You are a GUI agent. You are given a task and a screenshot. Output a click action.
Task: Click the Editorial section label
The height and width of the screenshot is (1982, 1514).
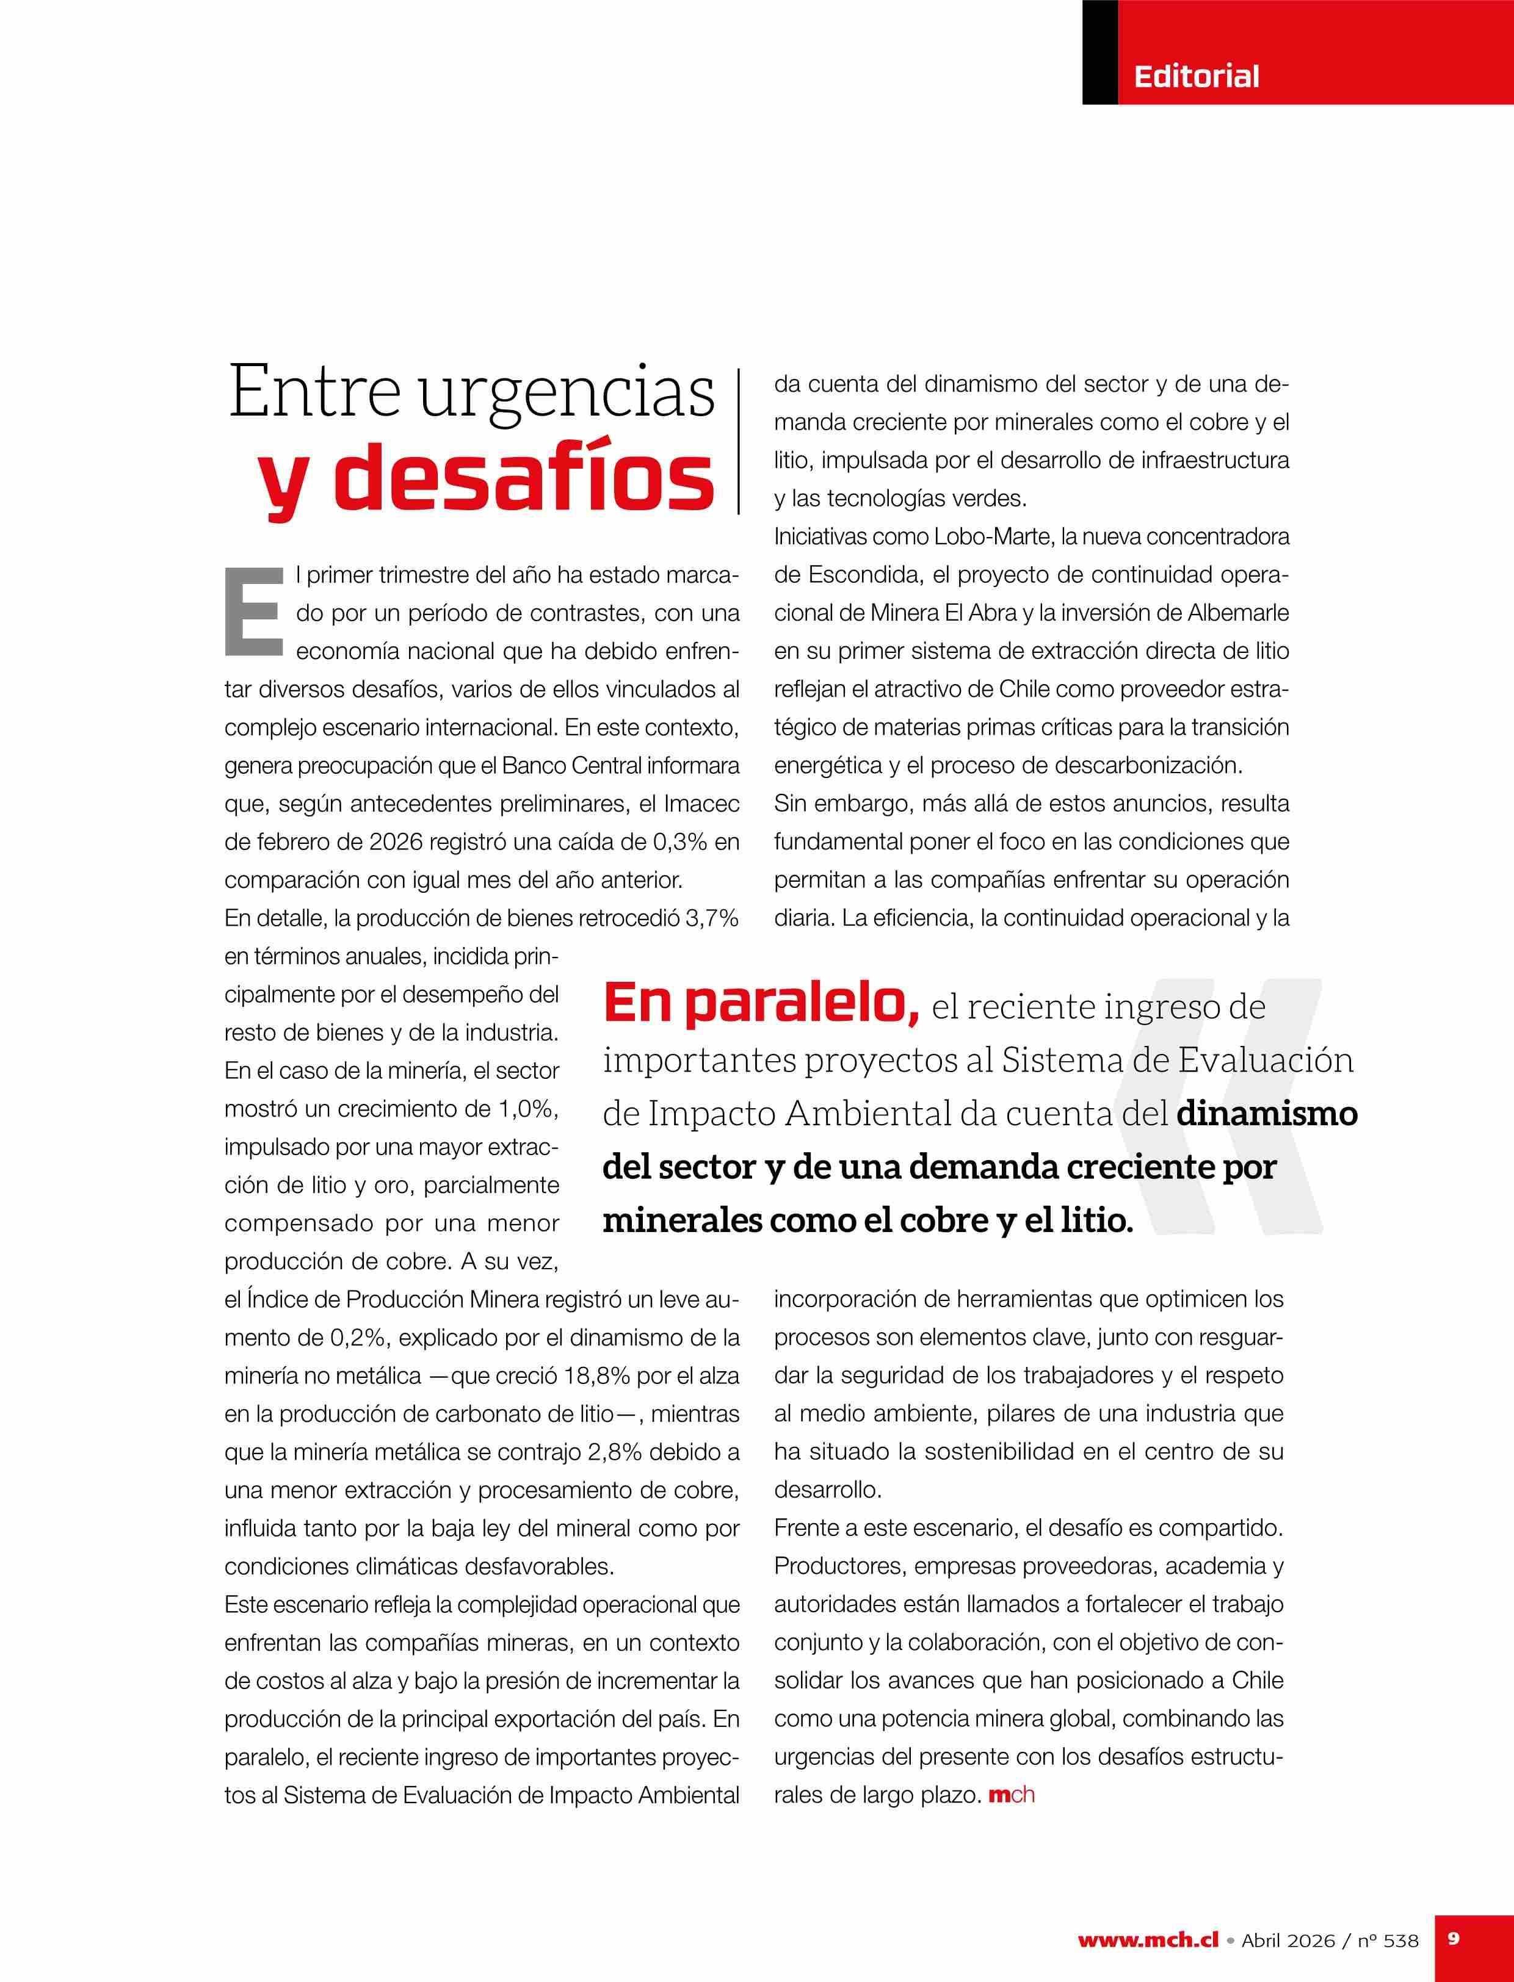pos(1196,76)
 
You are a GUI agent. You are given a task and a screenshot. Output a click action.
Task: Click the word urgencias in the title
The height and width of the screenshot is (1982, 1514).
pos(568,392)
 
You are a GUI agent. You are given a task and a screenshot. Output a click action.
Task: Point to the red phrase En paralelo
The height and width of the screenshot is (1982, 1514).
pos(761,1004)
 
